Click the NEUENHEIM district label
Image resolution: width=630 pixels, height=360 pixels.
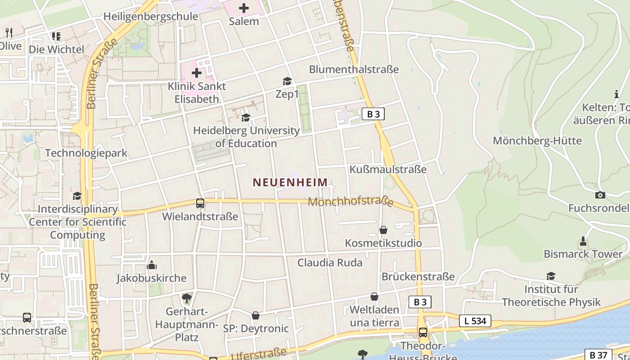(x=290, y=182)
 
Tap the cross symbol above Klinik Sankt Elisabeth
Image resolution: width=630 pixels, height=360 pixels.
(x=197, y=72)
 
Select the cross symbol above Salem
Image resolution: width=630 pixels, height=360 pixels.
(x=244, y=8)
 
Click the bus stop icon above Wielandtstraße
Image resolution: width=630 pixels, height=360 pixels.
(x=200, y=203)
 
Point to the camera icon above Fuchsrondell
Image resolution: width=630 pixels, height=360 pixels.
(x=600, y=195)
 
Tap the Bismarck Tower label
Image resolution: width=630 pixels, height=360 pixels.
(x=583, y=254)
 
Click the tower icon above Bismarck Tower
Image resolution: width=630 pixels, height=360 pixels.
(x=583, y=241)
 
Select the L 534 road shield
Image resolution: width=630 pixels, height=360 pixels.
(x=475, y=321)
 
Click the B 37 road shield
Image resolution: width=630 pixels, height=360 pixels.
(x=598, y=355)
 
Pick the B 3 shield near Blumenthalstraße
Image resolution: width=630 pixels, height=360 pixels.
(x=373, y=114)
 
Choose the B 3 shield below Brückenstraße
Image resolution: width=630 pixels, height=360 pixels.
(x=420, y=302)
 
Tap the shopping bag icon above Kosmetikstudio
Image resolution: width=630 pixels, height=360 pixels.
(x=383, y=230)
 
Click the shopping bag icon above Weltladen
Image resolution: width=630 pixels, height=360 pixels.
(x=374, y=297)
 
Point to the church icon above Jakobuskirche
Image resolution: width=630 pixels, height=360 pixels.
(x=152, y=265)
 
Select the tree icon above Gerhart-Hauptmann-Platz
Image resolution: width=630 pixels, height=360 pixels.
(x=186, y=298)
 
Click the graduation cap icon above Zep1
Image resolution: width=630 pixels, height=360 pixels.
(x=287, y=81)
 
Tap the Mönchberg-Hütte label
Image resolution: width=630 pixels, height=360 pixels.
(x=537, y=141)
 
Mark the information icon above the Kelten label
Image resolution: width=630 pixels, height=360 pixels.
(x=616, y=94)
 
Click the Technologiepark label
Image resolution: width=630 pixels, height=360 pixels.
(x=86, y=153)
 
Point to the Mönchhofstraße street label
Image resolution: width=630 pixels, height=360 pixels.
(x=351, y=202)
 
